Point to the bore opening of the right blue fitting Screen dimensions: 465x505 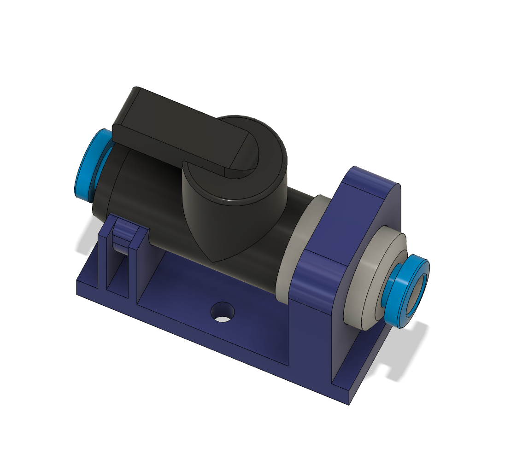[417, 292]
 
